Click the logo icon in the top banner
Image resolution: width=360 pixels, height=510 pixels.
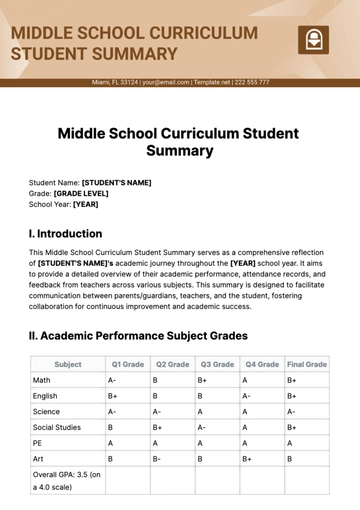pos(313,40)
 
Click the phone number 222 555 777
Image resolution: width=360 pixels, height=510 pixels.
pos(248,82)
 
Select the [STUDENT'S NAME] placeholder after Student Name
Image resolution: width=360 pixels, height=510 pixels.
pos(116,182)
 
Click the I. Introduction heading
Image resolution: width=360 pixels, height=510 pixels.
pos(66,233)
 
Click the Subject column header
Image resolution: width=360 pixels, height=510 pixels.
pos(68,365)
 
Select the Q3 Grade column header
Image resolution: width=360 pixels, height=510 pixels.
pos(217,365)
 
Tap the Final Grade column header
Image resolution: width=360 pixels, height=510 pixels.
pos(307,365)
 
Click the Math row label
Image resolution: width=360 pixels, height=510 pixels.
pos(41,380)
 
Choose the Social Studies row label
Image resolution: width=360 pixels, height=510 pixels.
pos(57,427)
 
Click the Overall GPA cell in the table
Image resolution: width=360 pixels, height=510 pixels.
pos(67,480)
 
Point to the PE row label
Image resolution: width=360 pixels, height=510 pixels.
pos(38,443)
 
